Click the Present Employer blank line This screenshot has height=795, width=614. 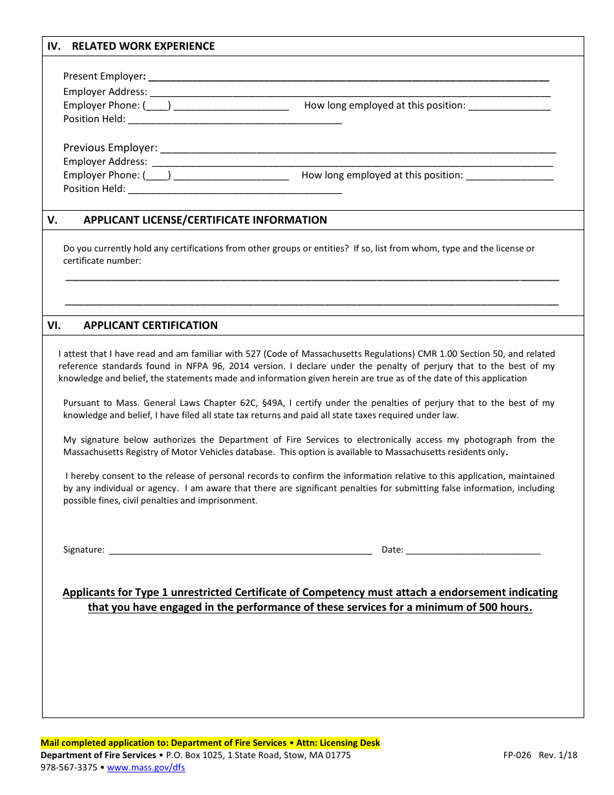tap(349, 78)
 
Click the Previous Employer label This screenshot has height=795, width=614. tap(110, 147)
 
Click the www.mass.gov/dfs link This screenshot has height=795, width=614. tap(146, 768)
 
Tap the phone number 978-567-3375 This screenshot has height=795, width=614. tap(69, 768)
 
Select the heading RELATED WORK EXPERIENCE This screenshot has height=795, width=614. tap(143, 47)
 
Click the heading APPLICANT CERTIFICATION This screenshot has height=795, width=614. tap(151, 325)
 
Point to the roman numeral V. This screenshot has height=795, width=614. tap(52, 220)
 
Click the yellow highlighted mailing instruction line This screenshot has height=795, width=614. tap(211, 743)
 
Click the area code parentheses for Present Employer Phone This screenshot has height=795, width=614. tap(157, 105)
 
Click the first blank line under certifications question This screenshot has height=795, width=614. tap(312, 279)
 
